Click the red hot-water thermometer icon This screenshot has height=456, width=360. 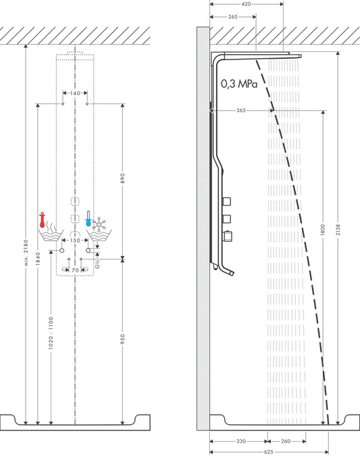[43, 220]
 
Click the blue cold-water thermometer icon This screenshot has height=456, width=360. [88, 218]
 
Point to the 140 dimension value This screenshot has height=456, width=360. [74, 93]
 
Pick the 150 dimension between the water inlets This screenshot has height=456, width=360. [74, 240]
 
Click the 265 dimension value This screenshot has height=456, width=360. [233, 16]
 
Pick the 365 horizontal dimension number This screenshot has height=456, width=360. [241, 109]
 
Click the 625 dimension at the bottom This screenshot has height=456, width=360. [269, 451]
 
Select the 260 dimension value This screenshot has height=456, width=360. [285, 441]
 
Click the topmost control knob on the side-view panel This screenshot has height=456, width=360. [227, 201]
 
